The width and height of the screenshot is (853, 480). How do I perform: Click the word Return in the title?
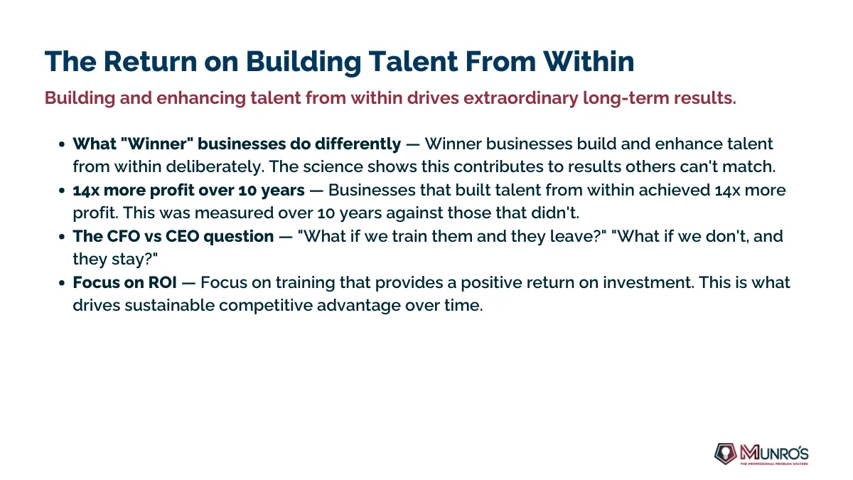click(x=151, y=61)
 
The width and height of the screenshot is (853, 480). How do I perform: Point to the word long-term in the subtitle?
click(x=626, y=98)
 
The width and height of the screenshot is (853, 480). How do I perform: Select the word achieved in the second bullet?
click(x=674, y=190)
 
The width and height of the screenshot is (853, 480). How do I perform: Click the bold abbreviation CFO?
click(x=123, y=236)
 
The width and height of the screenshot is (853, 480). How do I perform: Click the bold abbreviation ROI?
click(x=162, y=283)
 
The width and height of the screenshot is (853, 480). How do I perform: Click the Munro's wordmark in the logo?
click(x=774, y=453)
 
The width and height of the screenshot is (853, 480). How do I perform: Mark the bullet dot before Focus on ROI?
click(x=62, y=283)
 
